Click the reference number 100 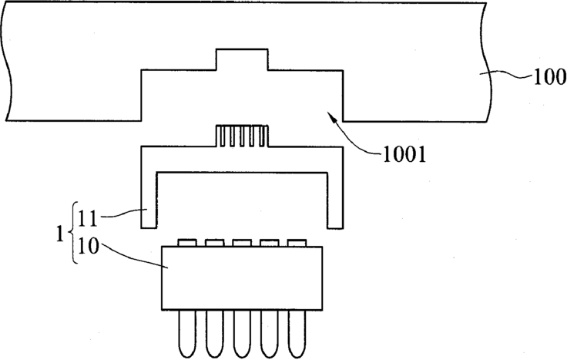548,77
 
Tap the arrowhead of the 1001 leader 330,116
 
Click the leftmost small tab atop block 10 187,242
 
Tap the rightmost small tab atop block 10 295,242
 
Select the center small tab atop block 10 241,242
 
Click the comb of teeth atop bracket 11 241,137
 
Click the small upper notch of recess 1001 241,59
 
